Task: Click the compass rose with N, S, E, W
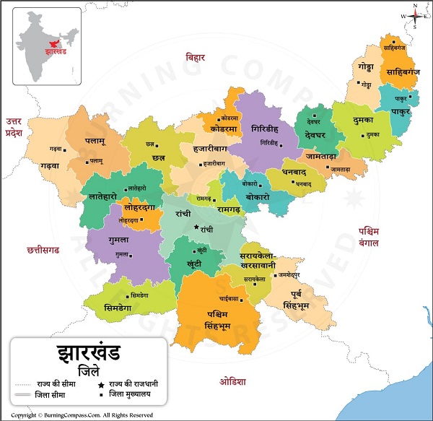point(416,15)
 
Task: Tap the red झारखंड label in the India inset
point(56,53)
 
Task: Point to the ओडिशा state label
point(234,381)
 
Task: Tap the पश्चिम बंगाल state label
point(369,238)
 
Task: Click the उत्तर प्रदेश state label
point(14,127)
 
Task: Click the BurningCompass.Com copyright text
point(82,415)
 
